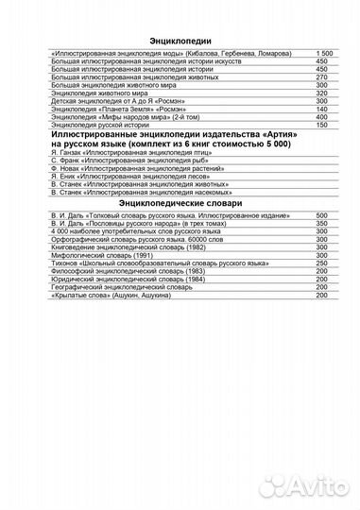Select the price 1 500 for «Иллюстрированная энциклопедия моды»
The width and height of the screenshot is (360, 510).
click(322, 55)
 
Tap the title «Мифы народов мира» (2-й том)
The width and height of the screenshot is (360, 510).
click(113, 118)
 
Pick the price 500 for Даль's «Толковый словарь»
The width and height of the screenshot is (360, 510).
click(322, 216)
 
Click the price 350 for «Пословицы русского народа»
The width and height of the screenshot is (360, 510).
click(322, 224)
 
